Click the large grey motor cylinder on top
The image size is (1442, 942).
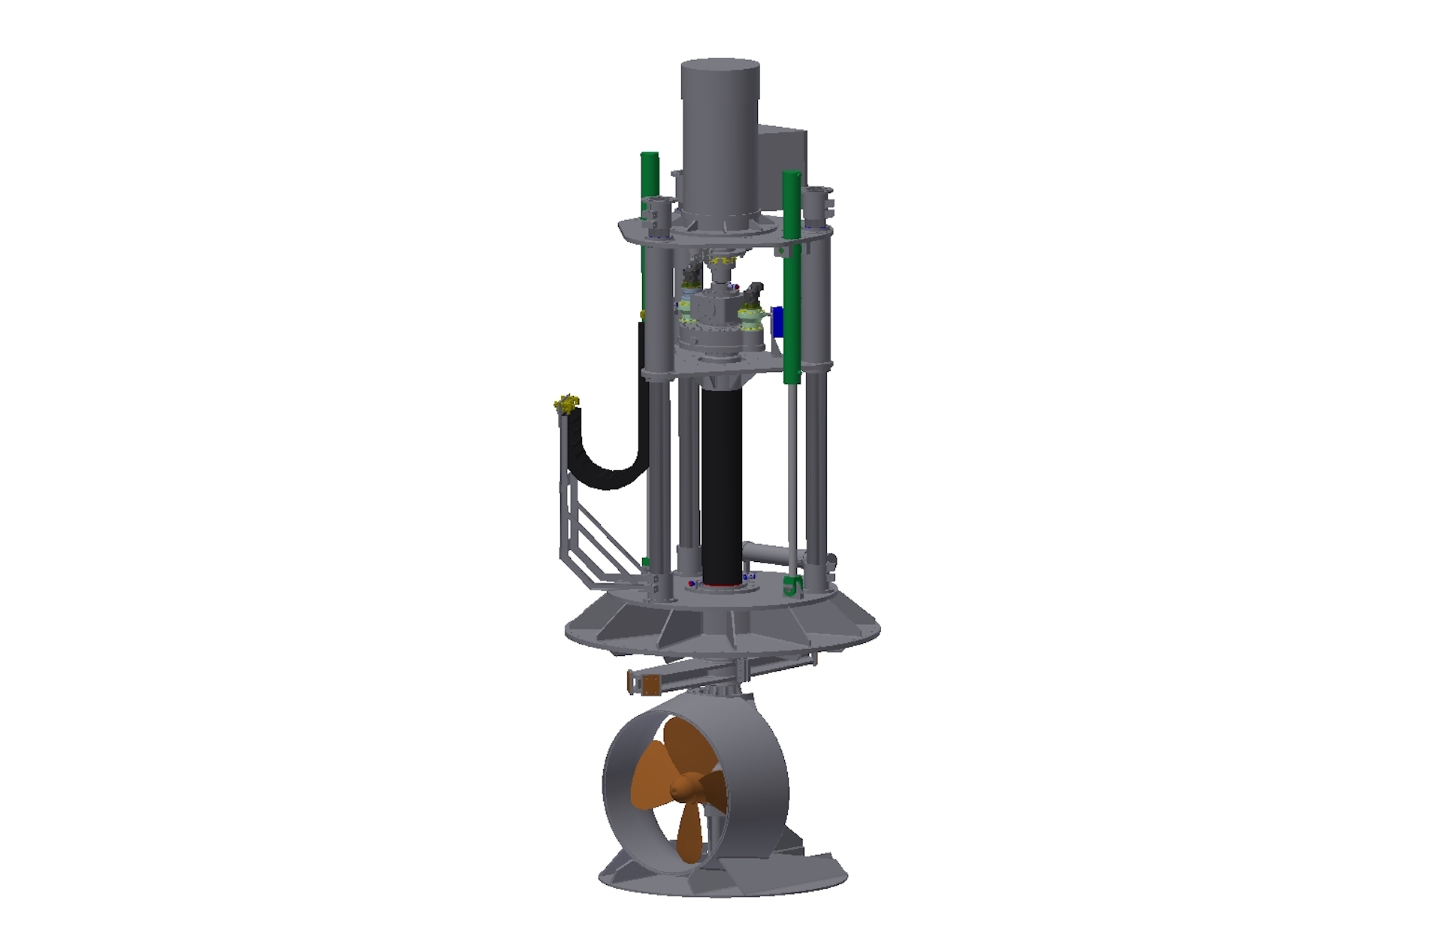[x=720, y=135]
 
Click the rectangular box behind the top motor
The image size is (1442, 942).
[x=785, y=162]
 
